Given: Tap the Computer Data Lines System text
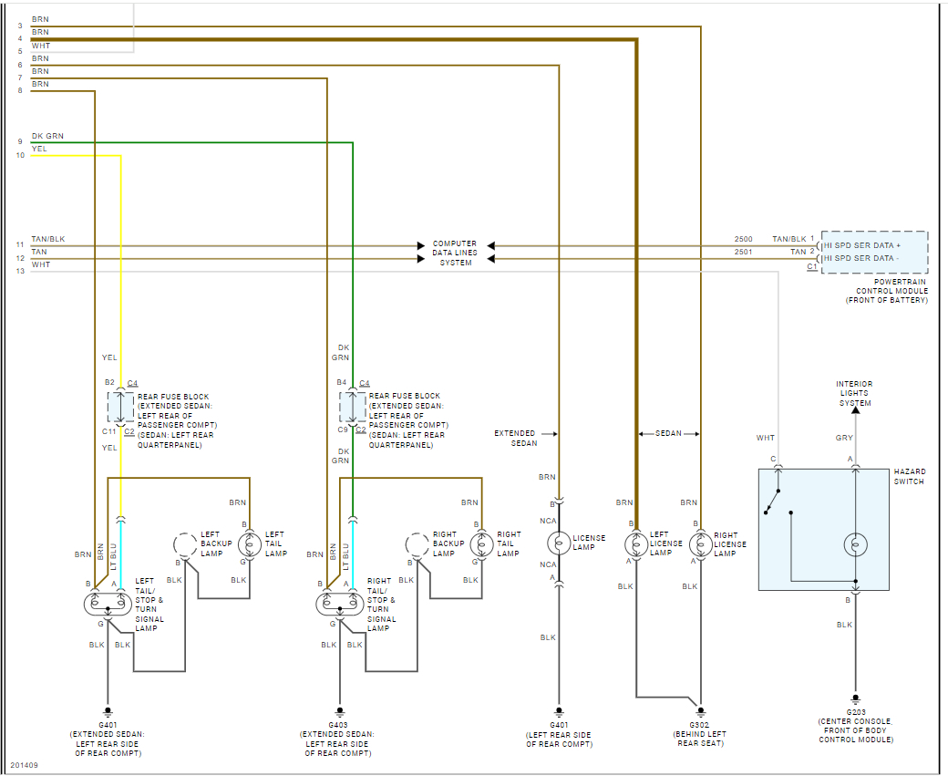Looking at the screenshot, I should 454,253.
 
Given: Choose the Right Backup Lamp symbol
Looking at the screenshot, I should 417,544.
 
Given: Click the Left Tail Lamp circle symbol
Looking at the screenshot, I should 249,544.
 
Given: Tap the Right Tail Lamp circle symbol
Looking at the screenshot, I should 481,544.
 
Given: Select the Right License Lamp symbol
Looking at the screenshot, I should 699,544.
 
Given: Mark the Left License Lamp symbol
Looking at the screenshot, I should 635,544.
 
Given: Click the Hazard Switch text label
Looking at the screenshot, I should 909,477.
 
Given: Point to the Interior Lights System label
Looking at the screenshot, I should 854,393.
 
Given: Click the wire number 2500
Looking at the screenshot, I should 744,239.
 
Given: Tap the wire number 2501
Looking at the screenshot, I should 744,252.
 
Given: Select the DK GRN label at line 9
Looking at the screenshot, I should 47,137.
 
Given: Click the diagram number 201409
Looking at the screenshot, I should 24,764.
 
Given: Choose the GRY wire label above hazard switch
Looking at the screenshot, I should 844,439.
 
